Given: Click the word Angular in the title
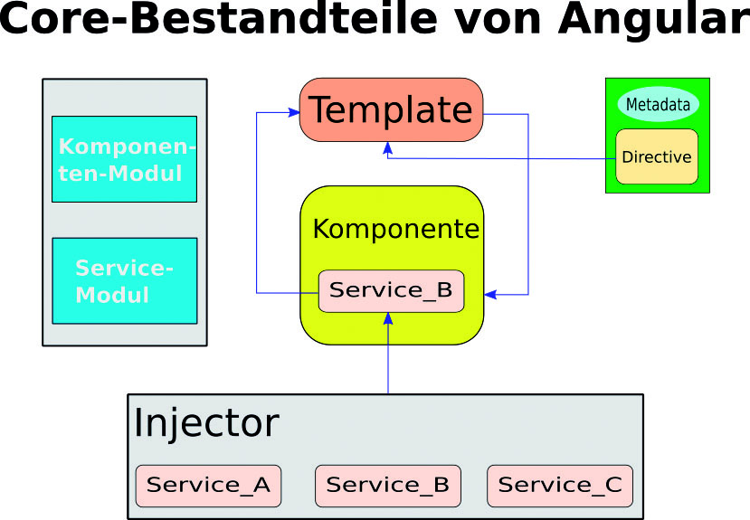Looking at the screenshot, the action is pyautogui.click(x=654, y=19).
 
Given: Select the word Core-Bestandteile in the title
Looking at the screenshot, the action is pyautogui.click(x=219, y=18).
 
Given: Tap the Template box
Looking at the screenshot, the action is pyautogui.click(x=391, y=110).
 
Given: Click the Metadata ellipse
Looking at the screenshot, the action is pyautogui.click(x=658, y=104).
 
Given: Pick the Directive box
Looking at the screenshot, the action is pyautogui.click(x=657, y=156).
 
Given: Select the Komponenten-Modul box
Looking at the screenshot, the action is pyautogui.click(x=124, y=159).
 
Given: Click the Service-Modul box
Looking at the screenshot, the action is pyautogui.click(x=124, y=281).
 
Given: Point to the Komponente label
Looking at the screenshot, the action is pyautogui.click(x=396, y=229).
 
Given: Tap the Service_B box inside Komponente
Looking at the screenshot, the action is pyautogui.click(x=391, y=291).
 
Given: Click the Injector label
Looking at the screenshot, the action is pyautogui.click(x=206, y=423).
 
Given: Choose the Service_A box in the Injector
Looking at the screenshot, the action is pyautogui.click(x=209, y=486).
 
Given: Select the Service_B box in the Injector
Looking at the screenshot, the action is pyautogui.click(x=388, y=486).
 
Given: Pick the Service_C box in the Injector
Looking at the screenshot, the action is pyautogui.click(x=560, y=486).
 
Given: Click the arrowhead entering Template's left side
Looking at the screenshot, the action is pyautogui.click(x=294, y=112).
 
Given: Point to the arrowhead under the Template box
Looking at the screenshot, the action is pyautogui.click(x=388, y=148).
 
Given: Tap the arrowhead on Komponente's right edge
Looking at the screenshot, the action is pyautogui.click(x=490, y=295).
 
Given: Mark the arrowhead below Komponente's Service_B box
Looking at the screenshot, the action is pyautogui.click(x=388, y=319).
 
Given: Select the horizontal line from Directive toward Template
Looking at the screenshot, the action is pyautogui.click(x=502, y=158).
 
